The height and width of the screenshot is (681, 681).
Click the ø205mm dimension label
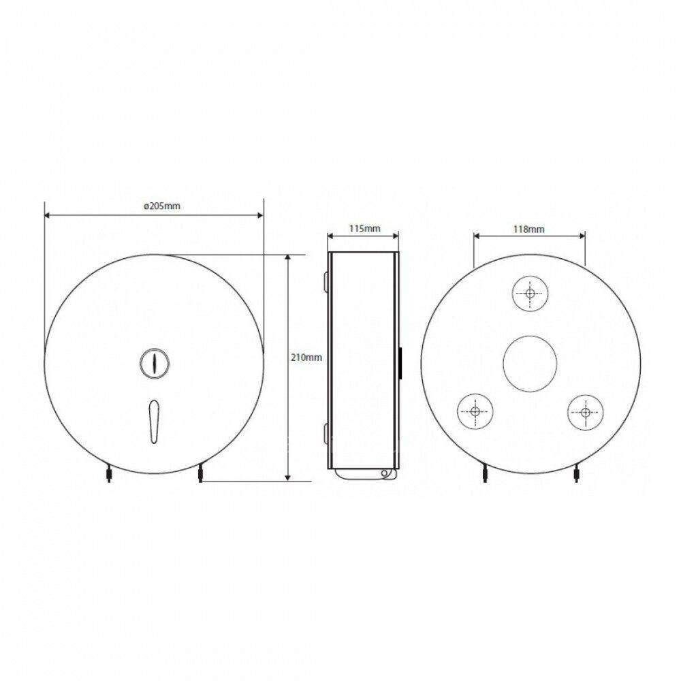(162, 206)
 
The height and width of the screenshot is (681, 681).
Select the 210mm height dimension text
(306, 358)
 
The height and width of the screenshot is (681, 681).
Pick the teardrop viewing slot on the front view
(154, 422)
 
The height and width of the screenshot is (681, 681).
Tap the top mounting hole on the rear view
(530, 293)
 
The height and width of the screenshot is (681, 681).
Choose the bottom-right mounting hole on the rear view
(585, 411)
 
